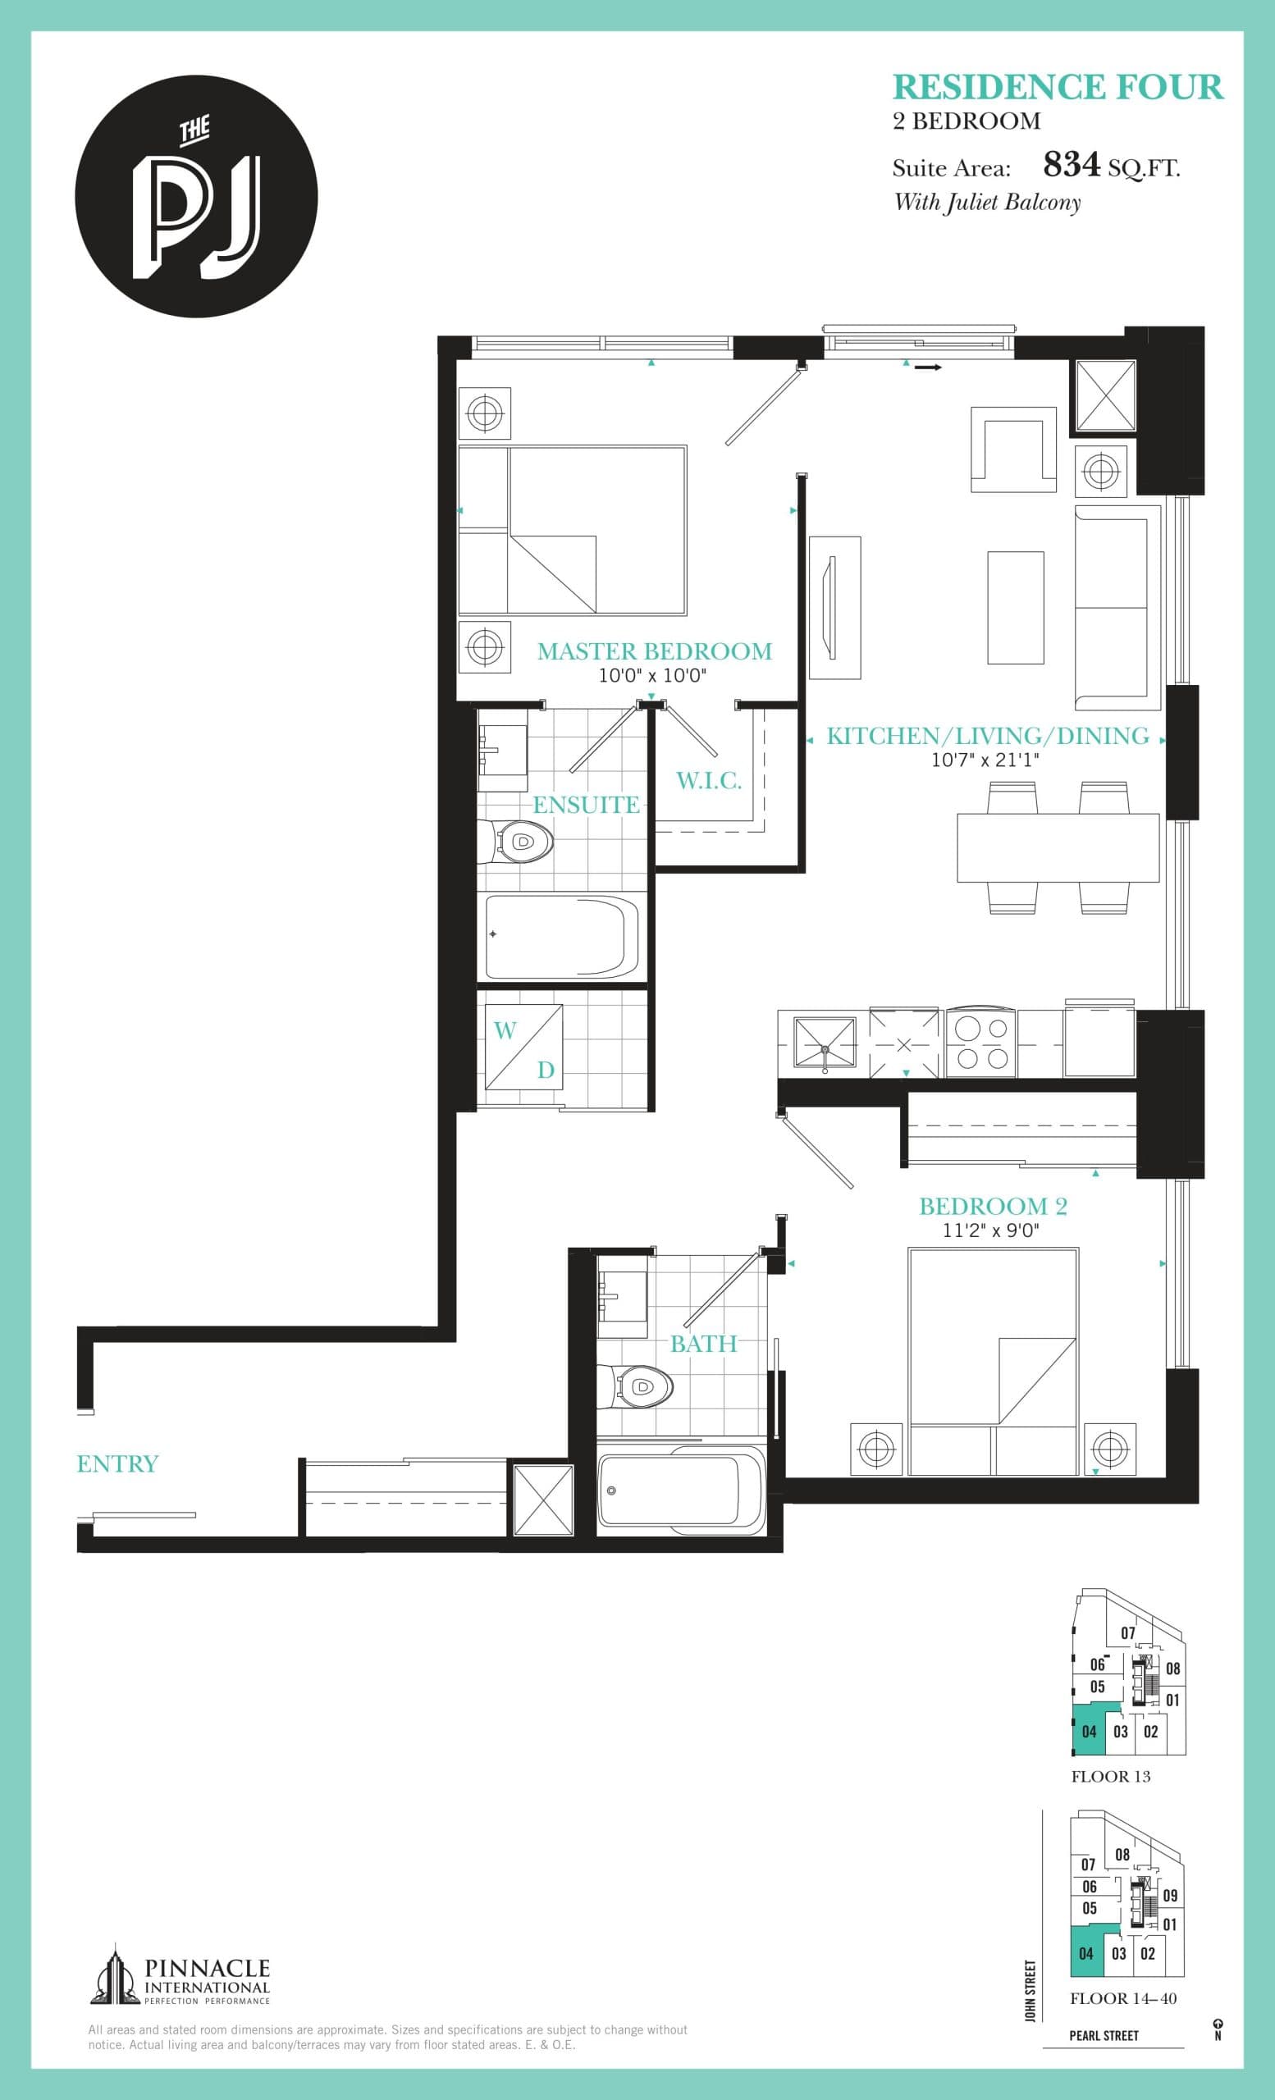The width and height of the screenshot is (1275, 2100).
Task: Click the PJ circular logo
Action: [196, 197]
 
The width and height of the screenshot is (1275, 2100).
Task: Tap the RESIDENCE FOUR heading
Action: [1058, 88]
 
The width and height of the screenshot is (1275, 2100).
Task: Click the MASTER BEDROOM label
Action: [654, 651]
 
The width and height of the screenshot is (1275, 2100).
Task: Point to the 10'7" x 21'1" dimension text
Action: [985, 760]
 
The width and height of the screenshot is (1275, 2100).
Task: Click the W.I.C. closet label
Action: [708, 781]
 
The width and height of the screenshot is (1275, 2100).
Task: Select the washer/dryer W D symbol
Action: [523, 1048]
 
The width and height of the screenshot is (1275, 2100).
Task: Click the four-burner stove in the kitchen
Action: [980, 1043]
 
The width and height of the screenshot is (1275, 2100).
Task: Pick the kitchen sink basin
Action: [824, 1043]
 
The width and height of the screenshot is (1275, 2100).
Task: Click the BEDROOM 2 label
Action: [993, 1206]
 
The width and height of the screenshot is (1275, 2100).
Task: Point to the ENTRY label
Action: [117, 1464]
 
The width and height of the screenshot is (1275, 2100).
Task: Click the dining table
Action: [1057, 848]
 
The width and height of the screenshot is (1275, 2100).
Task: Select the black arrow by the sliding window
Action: [928, 368]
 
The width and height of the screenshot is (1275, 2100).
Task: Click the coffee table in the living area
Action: [1015, 607]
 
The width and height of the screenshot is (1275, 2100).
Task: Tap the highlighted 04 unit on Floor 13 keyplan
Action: [1089, 1732]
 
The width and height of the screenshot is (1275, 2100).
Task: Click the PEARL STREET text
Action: [1104, 2035]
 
